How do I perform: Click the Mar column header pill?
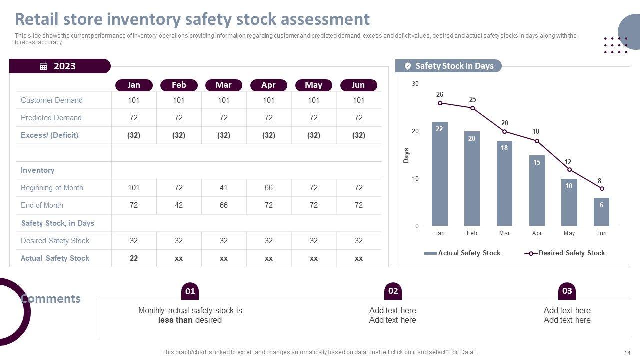(x=223, y=85)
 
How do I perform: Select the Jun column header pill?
(x=358, y=85)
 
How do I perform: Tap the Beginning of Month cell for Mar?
(x=223, y=188)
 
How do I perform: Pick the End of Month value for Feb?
(x=179, y=205)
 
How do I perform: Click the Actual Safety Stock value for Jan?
(x=134, y=258)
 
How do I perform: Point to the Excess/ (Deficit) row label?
(x=49, y=135)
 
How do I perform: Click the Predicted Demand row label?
(x=51, y=118)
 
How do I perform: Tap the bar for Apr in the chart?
(x=537, y=190)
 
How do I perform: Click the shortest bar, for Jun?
(x=601, y=212)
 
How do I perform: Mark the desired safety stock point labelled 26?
(x=440, y=103)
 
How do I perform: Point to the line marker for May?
(x=569, y=170)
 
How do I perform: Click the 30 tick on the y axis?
(x=415, y=84)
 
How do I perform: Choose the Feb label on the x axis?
(x=472, y=233)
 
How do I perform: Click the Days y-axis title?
(x=406, y=155)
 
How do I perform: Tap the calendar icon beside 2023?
(x=44, y=66)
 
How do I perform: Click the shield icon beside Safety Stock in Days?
(x=408, y=66)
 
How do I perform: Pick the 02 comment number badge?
(x=393, y=291)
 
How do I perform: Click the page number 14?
(x=628, y=353)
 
